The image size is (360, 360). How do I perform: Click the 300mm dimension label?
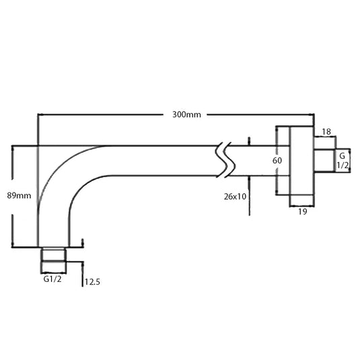[186, 115]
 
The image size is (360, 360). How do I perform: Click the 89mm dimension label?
[20, 195]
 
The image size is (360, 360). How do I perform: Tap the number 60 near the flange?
[277, 161]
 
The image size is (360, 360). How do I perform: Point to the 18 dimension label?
[326, 132]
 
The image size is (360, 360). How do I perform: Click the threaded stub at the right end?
[326, 161]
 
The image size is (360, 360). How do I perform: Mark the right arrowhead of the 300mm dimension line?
[312, 115]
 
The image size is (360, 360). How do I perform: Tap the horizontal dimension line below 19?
[301, 204]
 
